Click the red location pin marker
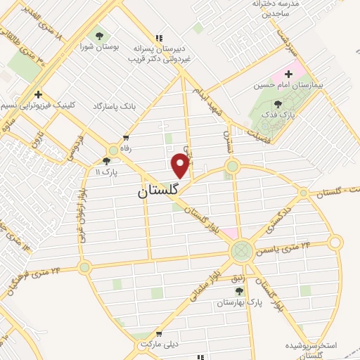[x=181, y=166]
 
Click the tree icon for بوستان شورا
[x=99, y=34]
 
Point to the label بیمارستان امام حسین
[x=290, y=85]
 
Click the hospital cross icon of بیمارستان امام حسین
[x=288, y=74]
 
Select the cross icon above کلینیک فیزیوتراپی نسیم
[x=39, y=94]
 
